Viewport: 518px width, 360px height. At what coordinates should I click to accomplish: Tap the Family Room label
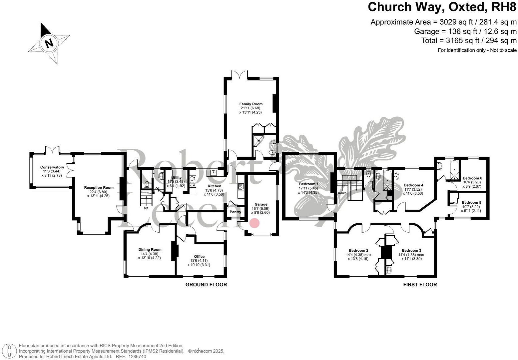[x=251, y=104]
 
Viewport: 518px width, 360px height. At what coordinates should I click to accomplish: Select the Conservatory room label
[x=52, y=167]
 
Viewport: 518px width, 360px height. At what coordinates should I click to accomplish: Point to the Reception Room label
[x=99, y=188]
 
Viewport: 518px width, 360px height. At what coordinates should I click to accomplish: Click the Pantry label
[x=236, y=212]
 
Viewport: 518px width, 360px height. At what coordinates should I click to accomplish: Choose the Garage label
[x=261, y=204]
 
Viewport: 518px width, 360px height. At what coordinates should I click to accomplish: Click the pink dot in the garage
[x=255, y=223]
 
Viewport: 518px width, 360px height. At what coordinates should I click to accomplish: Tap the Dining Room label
[x=150, y=249]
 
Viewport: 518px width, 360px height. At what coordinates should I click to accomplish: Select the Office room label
[x=200, y=256]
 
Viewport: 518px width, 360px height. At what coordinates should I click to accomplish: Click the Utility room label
[x=176, y=178]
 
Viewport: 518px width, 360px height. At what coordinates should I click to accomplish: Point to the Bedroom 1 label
[x=308, y=184]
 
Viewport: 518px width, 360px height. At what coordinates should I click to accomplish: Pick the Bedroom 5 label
[x=471, y=202]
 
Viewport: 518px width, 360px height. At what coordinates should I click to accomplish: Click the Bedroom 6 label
[x=472, y=178]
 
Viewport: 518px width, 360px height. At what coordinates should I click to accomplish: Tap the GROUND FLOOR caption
[x=206, y=285]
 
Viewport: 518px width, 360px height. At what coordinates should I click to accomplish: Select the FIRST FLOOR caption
[x=420, y=285]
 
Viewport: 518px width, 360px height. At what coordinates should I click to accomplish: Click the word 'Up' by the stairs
[x=146, y=208]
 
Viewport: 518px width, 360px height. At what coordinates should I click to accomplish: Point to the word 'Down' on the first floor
[x=342, y=193]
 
